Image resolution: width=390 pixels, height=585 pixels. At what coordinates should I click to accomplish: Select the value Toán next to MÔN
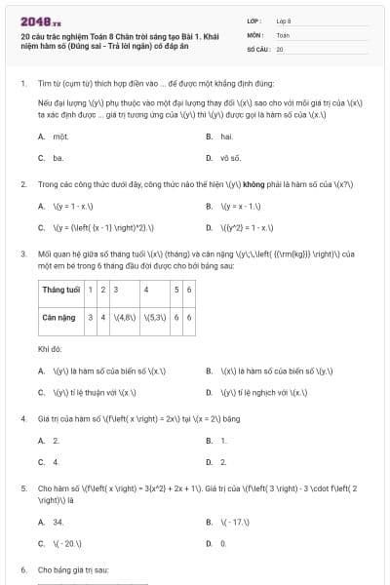point(283,33)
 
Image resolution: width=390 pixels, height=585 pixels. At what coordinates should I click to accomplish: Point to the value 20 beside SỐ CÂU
point(280,48)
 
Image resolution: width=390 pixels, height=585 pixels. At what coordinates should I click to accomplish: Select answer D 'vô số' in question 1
point(230,157)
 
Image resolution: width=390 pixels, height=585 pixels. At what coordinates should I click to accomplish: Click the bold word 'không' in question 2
point(256,183)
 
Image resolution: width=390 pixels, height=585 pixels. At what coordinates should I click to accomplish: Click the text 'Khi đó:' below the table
point(50,347)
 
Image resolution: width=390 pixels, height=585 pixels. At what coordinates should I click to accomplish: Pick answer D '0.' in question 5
point(223,542)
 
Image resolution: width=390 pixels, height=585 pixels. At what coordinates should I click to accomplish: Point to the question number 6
point(22,568)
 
